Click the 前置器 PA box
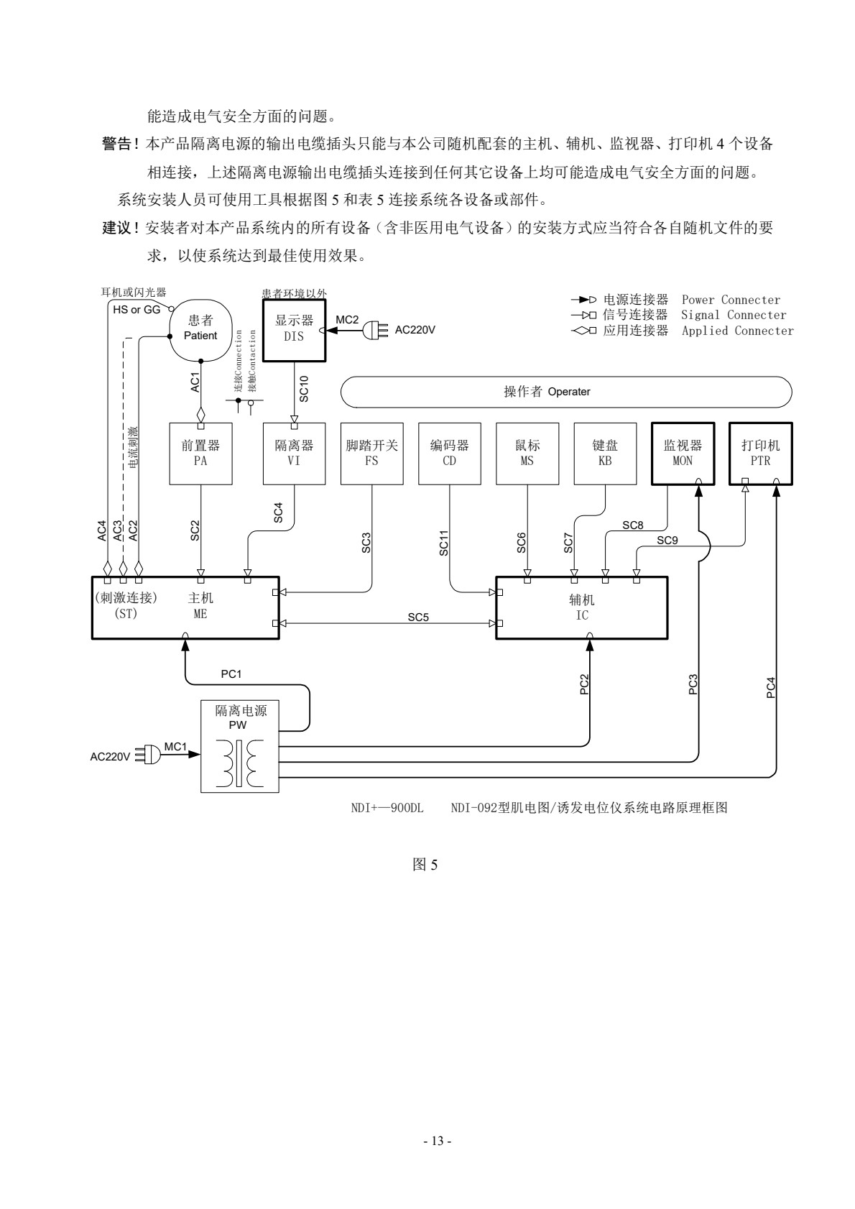click(200, 454)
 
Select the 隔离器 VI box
click(294, 454)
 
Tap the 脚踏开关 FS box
click(371, 454)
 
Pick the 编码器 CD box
click(450, 454)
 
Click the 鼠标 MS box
click(527, 454)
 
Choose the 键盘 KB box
click(605, 454)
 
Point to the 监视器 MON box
click(683, 454)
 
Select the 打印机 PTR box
click(760, 454)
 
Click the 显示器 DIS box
click(294, 330)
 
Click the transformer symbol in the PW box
click(239, 763)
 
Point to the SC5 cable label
click(418, 617)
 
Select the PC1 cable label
click(231, 674)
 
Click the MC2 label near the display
click(347, 319)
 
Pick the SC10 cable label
click(304, 388)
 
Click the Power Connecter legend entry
click(675, 300)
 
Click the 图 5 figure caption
click(425, 865)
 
